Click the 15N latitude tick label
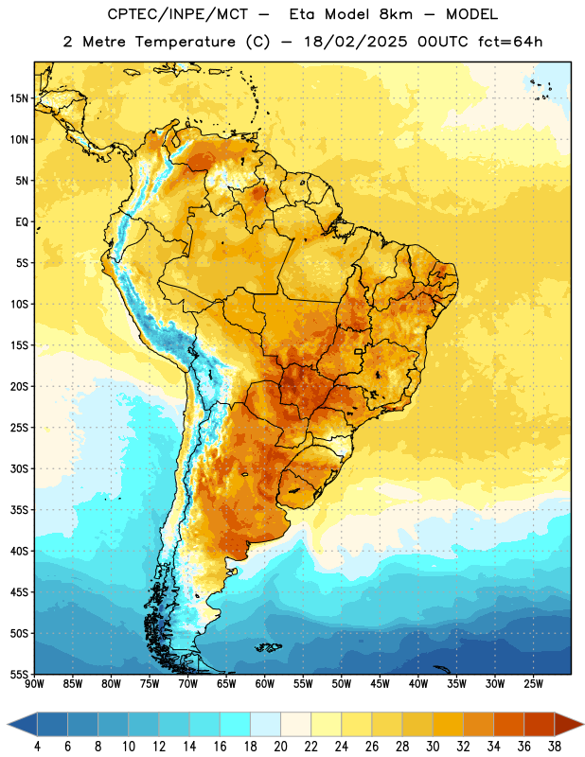(x=19, y=98)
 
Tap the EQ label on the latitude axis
(x=22, y=222)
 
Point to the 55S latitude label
(x=19, y=675)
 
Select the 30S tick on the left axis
(x=19, y=468)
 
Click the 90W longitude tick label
(x=34, y=684)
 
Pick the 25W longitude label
(x=533, y=684)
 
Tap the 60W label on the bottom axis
(x=265, y=684)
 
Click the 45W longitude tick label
(x=381, y=684)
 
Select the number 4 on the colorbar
(x=37, y=747)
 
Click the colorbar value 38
(x=554, y=747)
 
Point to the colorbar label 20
(x=280, y=747)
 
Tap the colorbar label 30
(x=433, y=747)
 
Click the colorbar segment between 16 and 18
(x=235, y=724)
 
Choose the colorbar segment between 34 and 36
(x=508, y=724)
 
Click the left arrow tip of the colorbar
(x=8, y=724)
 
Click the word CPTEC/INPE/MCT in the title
(x=177, y=15)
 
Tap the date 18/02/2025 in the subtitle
(x=356, y=42)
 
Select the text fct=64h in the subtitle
(x=510, y=42)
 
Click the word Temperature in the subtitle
(x=185, y=42)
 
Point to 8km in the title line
(x=396, y=15)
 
